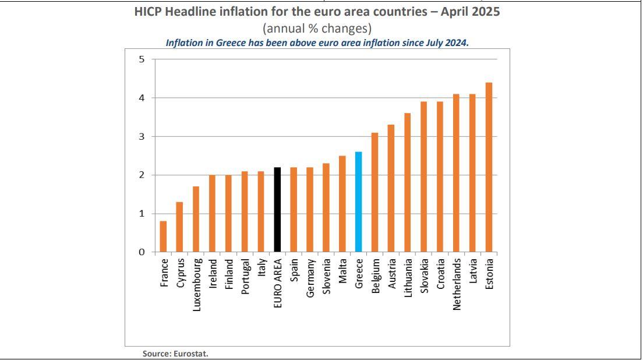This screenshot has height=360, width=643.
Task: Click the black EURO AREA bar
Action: [277, 210]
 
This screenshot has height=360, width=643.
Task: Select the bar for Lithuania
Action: [407, 183]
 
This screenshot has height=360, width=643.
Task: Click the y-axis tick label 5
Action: [142, 59]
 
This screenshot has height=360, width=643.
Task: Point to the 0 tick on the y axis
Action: [142, 252]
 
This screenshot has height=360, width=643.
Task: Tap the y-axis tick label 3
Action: [142, 136]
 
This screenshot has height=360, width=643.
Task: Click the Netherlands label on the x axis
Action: [457, 284]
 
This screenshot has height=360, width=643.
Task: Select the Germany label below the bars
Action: [310, 279]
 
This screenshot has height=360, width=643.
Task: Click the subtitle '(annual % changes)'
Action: [317, 28]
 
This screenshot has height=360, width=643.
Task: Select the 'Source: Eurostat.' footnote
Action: [175, 354]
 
